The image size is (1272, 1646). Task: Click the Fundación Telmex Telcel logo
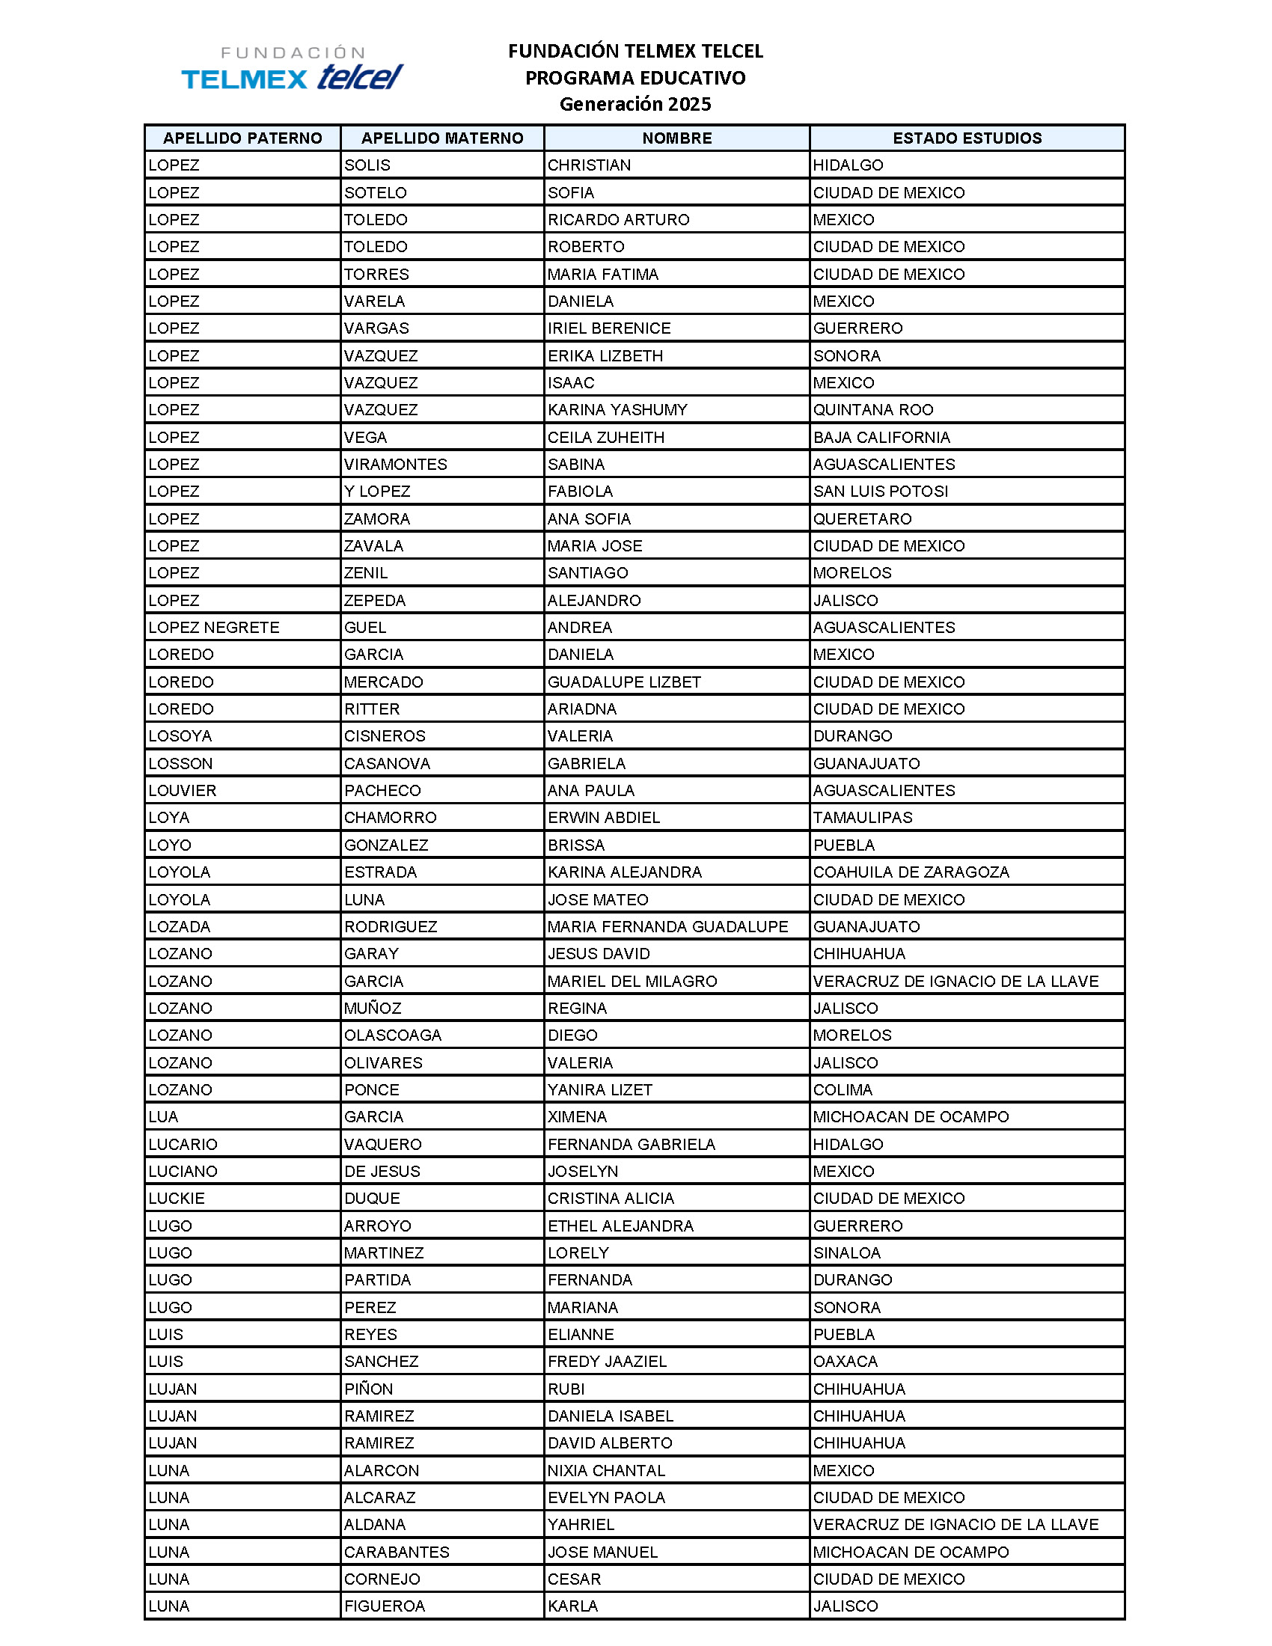point(293,69)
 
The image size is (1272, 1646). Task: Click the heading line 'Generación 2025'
point(635,104)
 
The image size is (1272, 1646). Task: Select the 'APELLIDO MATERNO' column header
point(442,138)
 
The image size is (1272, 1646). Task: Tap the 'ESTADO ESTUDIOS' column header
point(967,138)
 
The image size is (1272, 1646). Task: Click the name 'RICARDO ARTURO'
point(618,220)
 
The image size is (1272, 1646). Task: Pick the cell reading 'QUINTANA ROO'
point(872,410)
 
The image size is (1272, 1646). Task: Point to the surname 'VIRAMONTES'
point(396,465)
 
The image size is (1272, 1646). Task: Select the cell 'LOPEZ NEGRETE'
point(214,628)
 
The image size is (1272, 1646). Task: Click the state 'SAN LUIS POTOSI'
point(880,492)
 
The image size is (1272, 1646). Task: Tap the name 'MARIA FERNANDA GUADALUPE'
point(667,927)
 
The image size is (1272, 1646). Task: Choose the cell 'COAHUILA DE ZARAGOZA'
point(911,872)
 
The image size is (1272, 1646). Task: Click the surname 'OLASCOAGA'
point(393,1035)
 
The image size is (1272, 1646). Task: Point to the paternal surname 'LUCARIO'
point(183,1145)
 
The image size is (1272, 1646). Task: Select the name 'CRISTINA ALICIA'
point(611,1199)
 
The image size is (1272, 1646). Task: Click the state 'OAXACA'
point(846,1362)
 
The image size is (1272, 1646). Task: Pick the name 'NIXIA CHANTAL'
point(606,1471)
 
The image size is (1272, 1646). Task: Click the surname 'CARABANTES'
point(397,1552)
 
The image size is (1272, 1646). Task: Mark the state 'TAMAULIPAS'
point(862,818)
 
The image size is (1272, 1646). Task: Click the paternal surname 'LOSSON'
point(181,763)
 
